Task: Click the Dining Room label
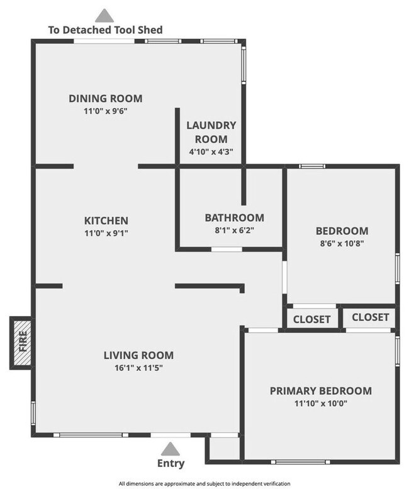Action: pos(106,98)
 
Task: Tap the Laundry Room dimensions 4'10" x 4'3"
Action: pos(210,151)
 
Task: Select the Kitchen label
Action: pos(106,221)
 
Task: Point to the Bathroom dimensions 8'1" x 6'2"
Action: pos(234,230)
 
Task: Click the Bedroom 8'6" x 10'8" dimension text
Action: pos(342,243)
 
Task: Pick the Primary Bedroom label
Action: pos(320,390)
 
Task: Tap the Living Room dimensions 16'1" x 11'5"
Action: pos(138,367)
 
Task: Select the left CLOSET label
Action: pos(312,319)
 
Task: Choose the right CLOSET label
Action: pos(371,317)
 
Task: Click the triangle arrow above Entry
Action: pos(169,449)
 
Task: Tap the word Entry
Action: pos(171,464)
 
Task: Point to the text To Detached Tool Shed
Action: pos(106,30)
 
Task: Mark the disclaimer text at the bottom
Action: pos(204,483)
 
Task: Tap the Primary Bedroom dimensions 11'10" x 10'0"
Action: pos(320,403)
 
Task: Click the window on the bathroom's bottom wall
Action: pos(227,250)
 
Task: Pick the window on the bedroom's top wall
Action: pos(311,167)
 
